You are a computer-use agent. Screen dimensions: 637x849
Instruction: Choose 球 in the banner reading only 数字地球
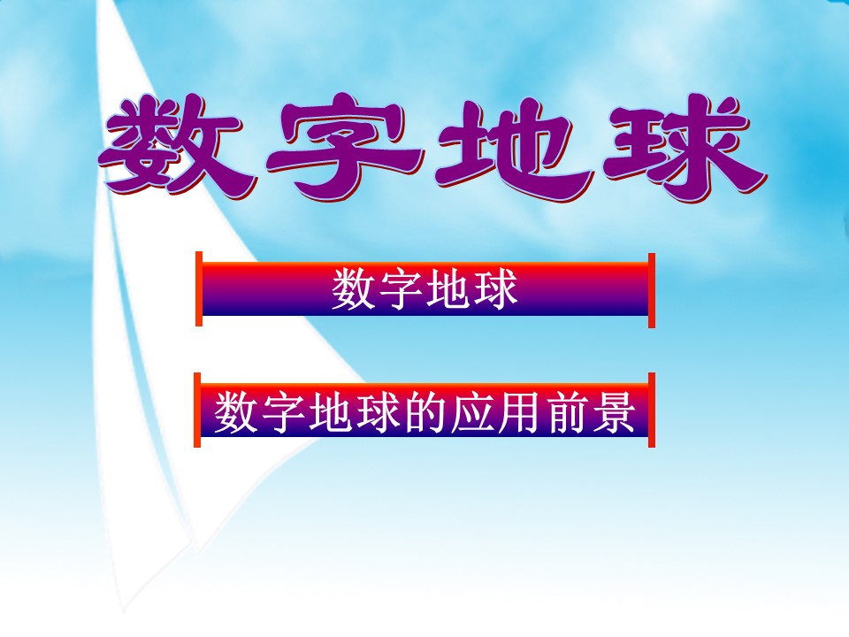point(495,290)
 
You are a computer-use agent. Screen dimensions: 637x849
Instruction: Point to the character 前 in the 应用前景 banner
point(567,411)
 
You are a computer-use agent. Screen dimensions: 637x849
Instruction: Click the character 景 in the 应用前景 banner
point(615,411)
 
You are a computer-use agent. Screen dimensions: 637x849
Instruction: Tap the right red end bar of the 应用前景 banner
point(652,410)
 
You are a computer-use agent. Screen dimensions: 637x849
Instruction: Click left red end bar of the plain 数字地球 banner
point(199,289)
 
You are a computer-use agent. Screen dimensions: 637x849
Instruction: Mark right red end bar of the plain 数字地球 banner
point(652,289)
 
